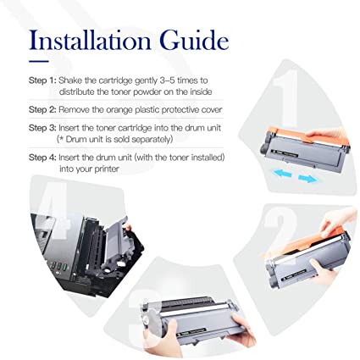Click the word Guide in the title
pyautogui.click(x=194, y=40)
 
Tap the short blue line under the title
pyautogui.click(x=39, y=62)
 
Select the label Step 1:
pyautogui.click(x=42, y=80)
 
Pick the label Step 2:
pyautogui.click(x=42, y=109)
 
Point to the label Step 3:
pyautogui.click(x=42, y=128)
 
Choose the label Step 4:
pyautogui.click(x=42, y=158)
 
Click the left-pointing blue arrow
pyautogui.click(x=281, y=172)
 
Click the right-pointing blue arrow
pyautogui.click(x=308, y=179)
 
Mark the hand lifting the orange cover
pyautogui.click(x=335, y=222)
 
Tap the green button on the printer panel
pyautogui.click(x=65, y=267)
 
